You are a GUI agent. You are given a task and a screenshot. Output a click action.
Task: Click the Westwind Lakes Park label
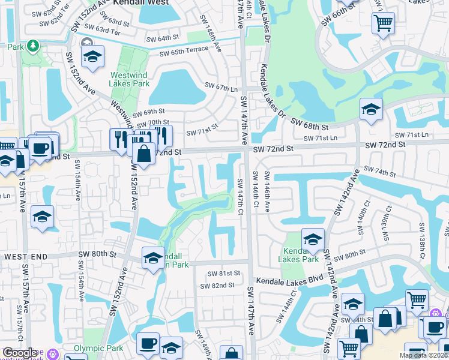pos(130,79)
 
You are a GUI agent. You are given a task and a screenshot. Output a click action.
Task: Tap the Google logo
pos(19,353)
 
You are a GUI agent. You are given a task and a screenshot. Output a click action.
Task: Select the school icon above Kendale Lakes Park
pos(313,239)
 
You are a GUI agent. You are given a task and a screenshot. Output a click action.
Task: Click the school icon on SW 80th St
pos(152,258)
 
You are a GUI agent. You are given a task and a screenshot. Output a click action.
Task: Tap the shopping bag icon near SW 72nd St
pos(144,153)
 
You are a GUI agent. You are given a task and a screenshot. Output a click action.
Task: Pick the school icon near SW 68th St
pos(371,109)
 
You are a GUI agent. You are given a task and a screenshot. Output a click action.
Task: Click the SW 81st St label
pos(223,274)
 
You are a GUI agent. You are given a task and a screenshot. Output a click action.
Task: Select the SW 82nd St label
pos(218,286)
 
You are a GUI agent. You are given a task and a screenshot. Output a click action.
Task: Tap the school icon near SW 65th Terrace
pos(92,56)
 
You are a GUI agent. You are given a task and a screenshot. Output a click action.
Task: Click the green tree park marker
pos(32,46)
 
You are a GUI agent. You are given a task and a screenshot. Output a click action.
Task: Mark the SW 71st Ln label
pos(321,138)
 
